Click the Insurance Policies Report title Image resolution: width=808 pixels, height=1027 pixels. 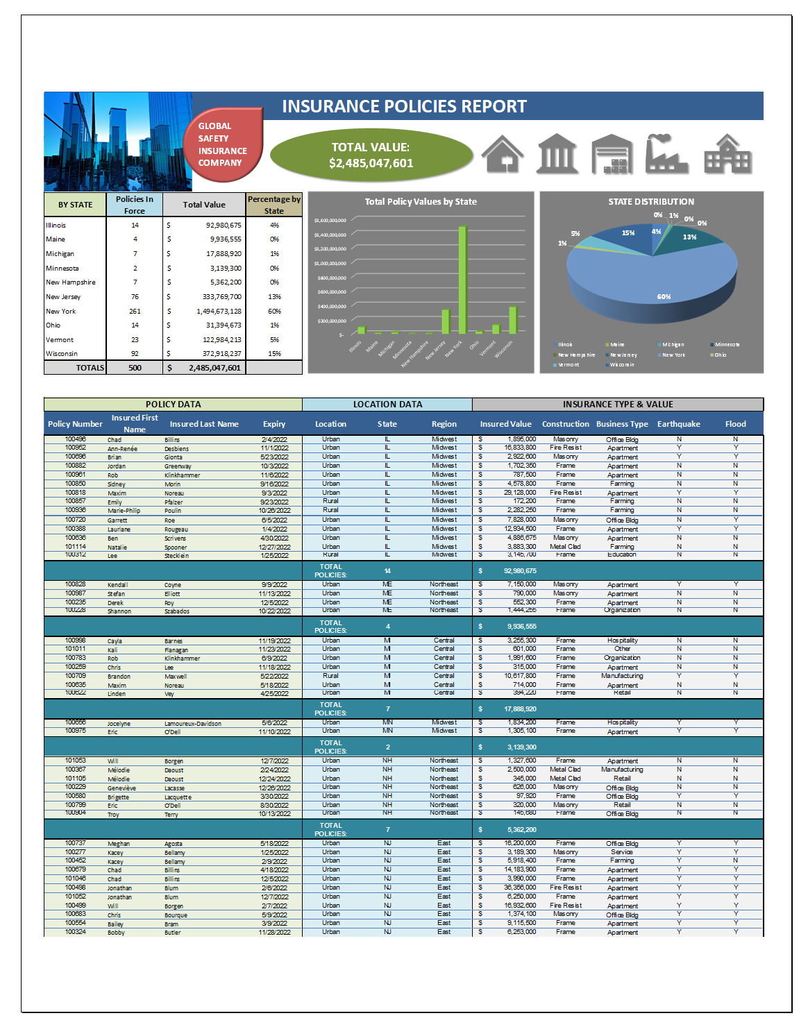click(x=404, y=106)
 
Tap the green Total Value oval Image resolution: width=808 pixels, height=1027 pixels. click(x=371, y=155)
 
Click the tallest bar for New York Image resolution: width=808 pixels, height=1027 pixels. click(x=462, y=279)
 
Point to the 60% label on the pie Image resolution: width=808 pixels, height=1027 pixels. click(x=664, y=297)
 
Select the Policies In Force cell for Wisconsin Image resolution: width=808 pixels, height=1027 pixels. click(x=135, y=354)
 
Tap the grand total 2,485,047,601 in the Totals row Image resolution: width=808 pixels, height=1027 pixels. click(x=214, y=368)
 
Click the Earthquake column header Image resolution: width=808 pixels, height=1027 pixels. click(x=678, y=424)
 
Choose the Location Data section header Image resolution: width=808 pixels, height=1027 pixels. click(x=387, y=405)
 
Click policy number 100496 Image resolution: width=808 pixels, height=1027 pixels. click(x=76, y=439)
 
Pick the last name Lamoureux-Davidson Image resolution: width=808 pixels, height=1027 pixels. click(x=193, y=724)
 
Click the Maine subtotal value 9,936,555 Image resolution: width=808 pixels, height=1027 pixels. click(x=521, y=627)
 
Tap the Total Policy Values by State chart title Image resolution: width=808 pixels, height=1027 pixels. click(x=421, y=202)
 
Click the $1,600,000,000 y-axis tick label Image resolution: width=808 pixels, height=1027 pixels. click(x=330, y=221)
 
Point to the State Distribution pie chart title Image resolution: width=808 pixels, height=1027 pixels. click(x=651, y=202)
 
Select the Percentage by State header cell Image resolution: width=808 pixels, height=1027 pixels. click(x=274, y=205)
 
